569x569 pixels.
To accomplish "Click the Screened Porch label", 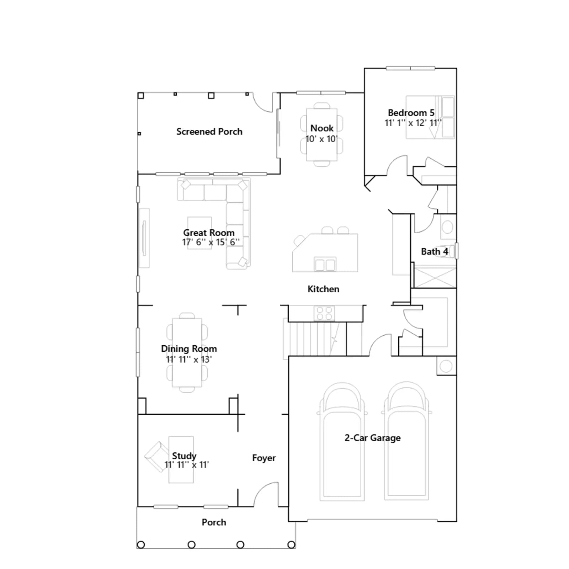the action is tap(209, 132).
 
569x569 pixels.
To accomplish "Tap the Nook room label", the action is tap(322, 128).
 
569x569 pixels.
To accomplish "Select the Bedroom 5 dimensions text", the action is tap(413, 123).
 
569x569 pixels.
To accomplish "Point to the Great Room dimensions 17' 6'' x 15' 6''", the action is tap(211, 242).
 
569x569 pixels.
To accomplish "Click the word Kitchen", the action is tap(323, 289).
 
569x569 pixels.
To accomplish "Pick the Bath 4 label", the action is tap(434, 252).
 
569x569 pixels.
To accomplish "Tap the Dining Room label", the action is tap(189, 349).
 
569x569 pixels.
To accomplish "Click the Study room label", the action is tap(184, 456).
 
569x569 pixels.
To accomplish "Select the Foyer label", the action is tap(264, 458).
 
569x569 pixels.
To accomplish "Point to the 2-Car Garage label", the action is tap(372, 438).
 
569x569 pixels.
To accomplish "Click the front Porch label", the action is tap(214, 522).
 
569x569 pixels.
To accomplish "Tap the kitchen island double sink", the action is tap(325, 264).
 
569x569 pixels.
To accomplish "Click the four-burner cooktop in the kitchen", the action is tap(324, 313).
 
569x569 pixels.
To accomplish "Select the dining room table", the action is tap(187, 352).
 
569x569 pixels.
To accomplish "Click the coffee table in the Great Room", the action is tap(200, 233).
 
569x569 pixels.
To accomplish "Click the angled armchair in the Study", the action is tap(156, 457).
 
